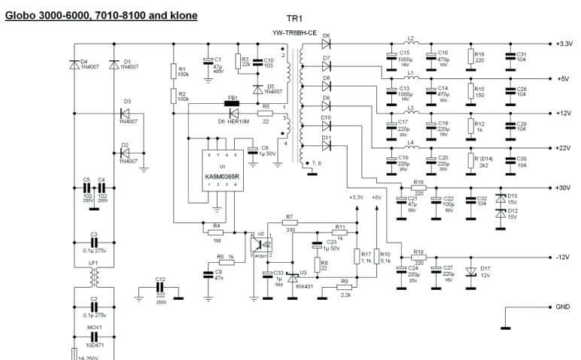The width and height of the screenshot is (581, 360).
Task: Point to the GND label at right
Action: [563, 308]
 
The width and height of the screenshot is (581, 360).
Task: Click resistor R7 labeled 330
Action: [289, 223]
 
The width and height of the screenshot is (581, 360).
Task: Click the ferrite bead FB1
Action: [232, 103]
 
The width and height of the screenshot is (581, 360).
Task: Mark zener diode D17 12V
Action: [473, 272]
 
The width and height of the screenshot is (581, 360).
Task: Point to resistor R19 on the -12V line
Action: [418, 257]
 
